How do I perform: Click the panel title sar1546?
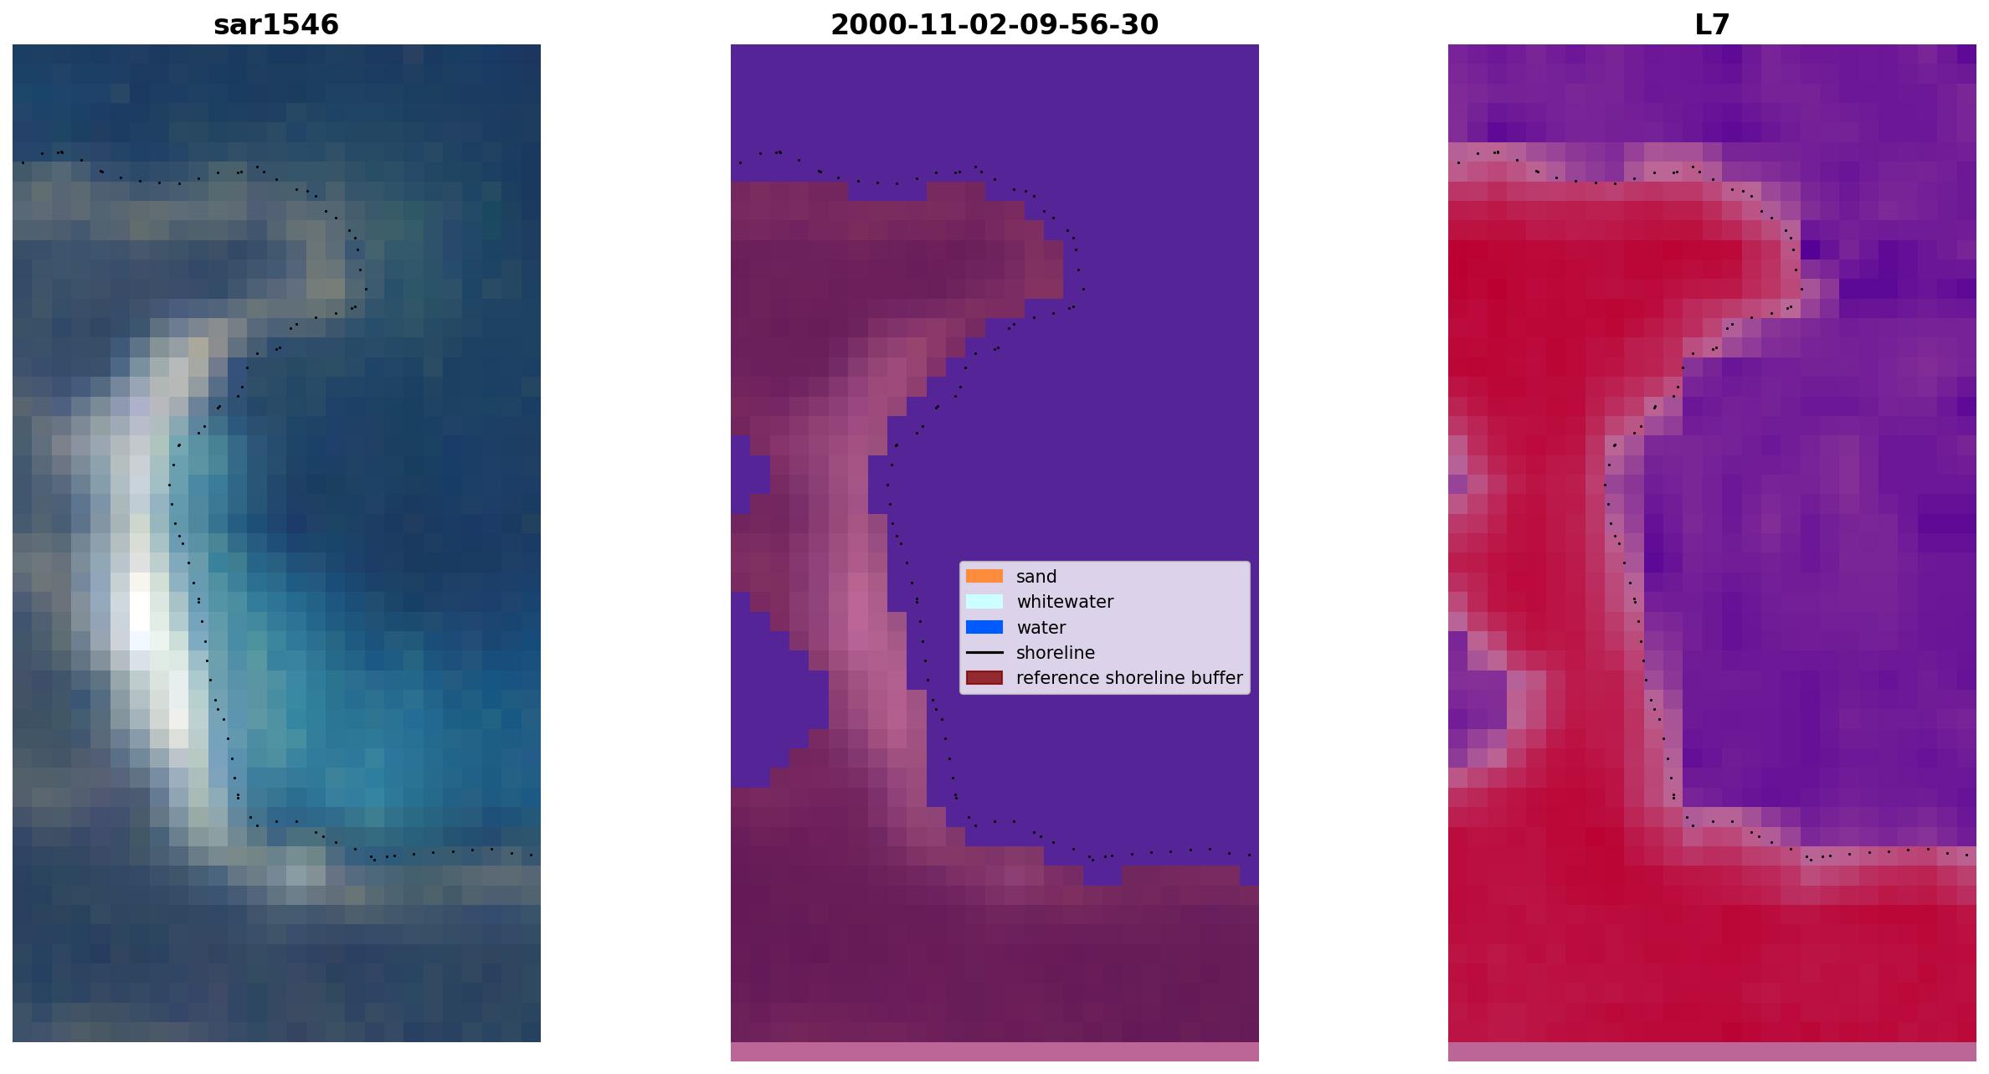coord(276,25)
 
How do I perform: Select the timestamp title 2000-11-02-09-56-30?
coord(994,25)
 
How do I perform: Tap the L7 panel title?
coord(1712,25)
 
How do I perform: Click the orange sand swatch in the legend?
coord(984,576)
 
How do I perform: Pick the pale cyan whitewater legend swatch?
coord(984,601)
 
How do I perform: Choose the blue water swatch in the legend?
coord(984,627)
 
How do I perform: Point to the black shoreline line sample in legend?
coord(984,652)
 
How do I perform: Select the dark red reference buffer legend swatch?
coord(984,677)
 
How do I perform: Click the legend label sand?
coord(1036,577)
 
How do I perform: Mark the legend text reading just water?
coord(1041,628)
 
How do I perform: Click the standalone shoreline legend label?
coord(1056,653)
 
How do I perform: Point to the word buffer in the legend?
coord(1215,678)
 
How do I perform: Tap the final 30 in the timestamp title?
coord(1142,25)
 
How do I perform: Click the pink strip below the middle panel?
coord(994,1051)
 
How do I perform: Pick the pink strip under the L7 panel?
coord(1712,1051)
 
